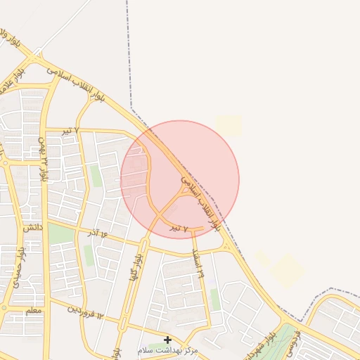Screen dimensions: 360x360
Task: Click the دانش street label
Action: [32, 229]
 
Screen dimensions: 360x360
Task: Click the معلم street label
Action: [33, 310]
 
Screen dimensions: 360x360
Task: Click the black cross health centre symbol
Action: [167, 340]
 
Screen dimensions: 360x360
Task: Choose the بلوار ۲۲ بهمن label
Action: [44, 162]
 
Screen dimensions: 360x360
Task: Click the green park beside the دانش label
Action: [60, 234]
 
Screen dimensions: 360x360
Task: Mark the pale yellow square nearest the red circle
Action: [229, 126]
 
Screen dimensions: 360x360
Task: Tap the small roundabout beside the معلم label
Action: [6, 308]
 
